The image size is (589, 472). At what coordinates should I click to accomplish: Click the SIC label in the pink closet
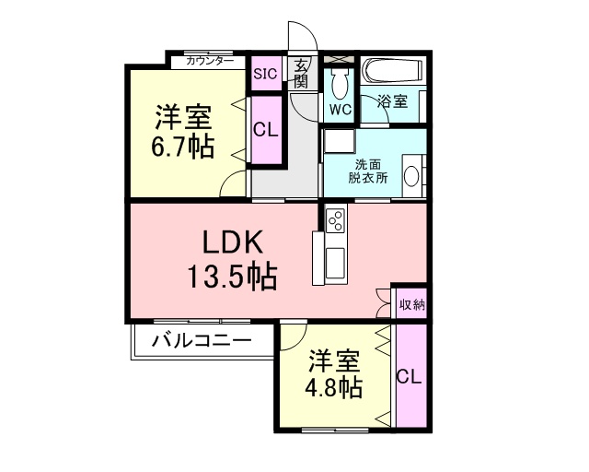(x=266, y=74)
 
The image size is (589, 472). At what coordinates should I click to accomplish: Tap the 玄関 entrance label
(x=301, y=73)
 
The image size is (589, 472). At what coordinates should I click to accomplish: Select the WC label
(x=341, y=109)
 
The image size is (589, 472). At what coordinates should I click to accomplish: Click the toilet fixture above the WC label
(x=341, y=84)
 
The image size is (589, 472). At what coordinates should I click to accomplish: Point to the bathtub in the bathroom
(x=392, y=70)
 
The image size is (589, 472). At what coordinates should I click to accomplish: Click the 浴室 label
(x=393, y=100)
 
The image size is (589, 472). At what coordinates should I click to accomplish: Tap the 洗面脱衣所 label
(x=368, y=171)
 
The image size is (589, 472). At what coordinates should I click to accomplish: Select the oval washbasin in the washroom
(x=411, y=176)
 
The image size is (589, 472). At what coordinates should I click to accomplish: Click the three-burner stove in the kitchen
(x=335, y=219)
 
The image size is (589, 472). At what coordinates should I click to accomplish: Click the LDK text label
(x=232, y=242)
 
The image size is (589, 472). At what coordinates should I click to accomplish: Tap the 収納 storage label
(x=412, y=304)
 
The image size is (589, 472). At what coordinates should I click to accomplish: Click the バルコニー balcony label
(x=202, y=341)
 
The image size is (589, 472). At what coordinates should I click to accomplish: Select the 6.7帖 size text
(x=182, y=146)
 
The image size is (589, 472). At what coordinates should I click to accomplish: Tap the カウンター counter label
(x=210, y=61)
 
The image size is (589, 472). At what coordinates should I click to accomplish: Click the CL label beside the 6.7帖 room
(x=266, y=130)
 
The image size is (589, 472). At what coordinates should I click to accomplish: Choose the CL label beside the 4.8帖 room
(x=410, y=376)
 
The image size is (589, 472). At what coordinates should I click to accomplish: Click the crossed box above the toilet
(x=339, y=59)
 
